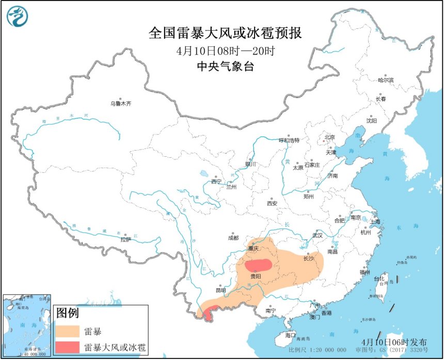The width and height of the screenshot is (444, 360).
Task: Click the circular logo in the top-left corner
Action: pyautogui.click(x=17, y=17)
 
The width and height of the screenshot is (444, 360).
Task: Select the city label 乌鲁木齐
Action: pyautogui.click(x=121, y=103)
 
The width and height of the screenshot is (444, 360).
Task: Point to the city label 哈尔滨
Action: pyautogui.click(x=385, y=80)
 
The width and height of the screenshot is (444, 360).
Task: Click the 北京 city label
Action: pyautogui.click(x=329, y=137)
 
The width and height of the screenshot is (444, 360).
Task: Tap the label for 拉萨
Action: pyautogui.click(x=125, y=239)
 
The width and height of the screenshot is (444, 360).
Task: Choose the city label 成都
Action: pyautogui.click(x=233, y=238)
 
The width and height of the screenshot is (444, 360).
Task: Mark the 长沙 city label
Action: pyautogui.click(x=308, y=258)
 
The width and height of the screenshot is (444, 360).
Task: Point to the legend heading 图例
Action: pyautogui.click(x=67, y=313)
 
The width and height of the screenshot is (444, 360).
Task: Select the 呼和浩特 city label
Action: pyautogui.click(x=289, y=140)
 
